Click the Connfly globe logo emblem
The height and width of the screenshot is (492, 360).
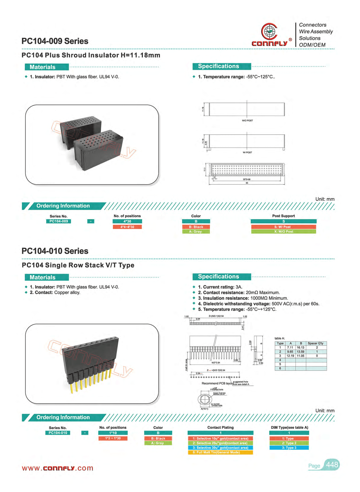tap(269, 31)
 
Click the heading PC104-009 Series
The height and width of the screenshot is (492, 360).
tap(55, 41)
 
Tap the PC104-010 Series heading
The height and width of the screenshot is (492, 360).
tap(55, 251)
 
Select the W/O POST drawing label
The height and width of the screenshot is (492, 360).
tap(247, 121)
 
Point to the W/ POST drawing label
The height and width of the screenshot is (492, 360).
tap(247, 152)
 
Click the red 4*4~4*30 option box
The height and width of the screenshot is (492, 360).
tap(127, 227)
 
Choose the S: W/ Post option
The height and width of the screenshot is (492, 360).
tap(283, 227)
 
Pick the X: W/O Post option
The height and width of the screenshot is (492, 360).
tap(283, 232)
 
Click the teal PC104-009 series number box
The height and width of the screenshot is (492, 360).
tap(58, 221)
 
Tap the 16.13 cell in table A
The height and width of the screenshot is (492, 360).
tap(300, 347)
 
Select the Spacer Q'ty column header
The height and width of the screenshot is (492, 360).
tap(316, 343)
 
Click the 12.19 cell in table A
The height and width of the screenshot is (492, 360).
tap(290, 356)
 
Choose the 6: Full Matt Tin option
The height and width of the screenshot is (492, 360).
tap(220, 452)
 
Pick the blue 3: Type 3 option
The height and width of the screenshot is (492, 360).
tap(289, 448)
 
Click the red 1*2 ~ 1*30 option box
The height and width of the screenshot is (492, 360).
tap(113, 439)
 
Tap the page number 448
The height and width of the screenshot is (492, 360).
tap(332, 465)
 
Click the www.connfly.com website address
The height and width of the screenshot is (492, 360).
tap(58, 468)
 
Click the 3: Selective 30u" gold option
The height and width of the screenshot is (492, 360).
tap(220, 448)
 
